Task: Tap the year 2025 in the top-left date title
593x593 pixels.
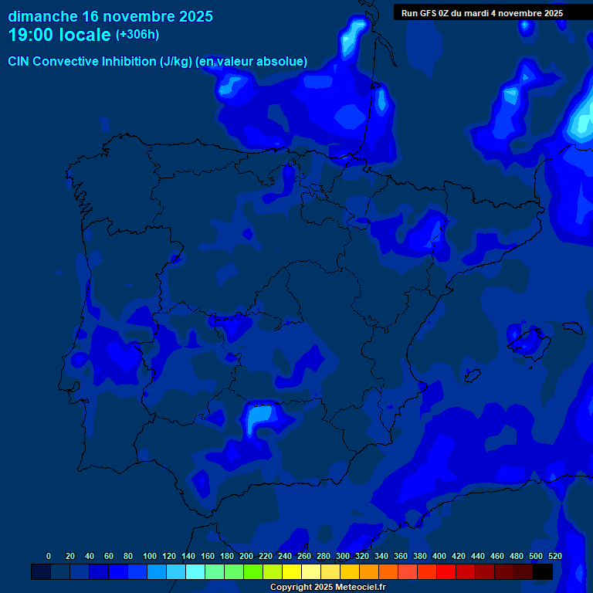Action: click(x=191, y=16)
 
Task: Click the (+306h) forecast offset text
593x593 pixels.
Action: click(x=137, y=35)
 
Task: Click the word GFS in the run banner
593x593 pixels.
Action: click(x=431, y=13)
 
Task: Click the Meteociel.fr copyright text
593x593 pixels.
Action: click(x=358, y=588)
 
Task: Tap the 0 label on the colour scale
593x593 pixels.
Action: click(x=49, y=556)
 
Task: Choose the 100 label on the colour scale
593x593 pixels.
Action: click(x=150, y=556)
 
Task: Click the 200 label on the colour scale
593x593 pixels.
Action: click(x=246, y=556)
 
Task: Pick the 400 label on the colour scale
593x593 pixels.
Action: click(x=439, y=556)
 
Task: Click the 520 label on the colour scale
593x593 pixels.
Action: click(x=555, y=556)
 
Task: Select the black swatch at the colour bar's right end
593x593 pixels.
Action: click(x=543, y=572)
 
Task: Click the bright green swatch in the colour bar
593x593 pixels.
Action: click(x=252, y=572)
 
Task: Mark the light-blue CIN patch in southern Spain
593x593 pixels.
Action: click(x=260, y=418)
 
